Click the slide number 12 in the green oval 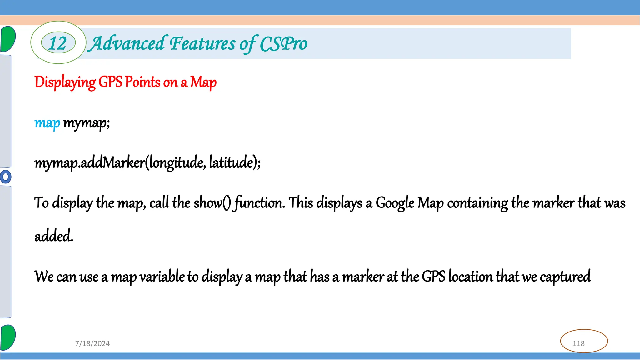coord(58,43)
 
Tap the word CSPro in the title coord(283,44)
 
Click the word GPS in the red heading coord(110,82)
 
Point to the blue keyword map coord(47,123)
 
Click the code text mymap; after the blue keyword coord(87,123)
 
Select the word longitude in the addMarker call coord(177,162)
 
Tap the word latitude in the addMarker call coord(231,162)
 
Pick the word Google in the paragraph coord(395,203)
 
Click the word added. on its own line coord(54,236)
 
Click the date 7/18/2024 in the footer coord(92,343)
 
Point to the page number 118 coord(578,343)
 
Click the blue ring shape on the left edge coord(5,177)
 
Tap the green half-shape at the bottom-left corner coord(8,337)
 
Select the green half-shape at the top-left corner coord(8,39)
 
